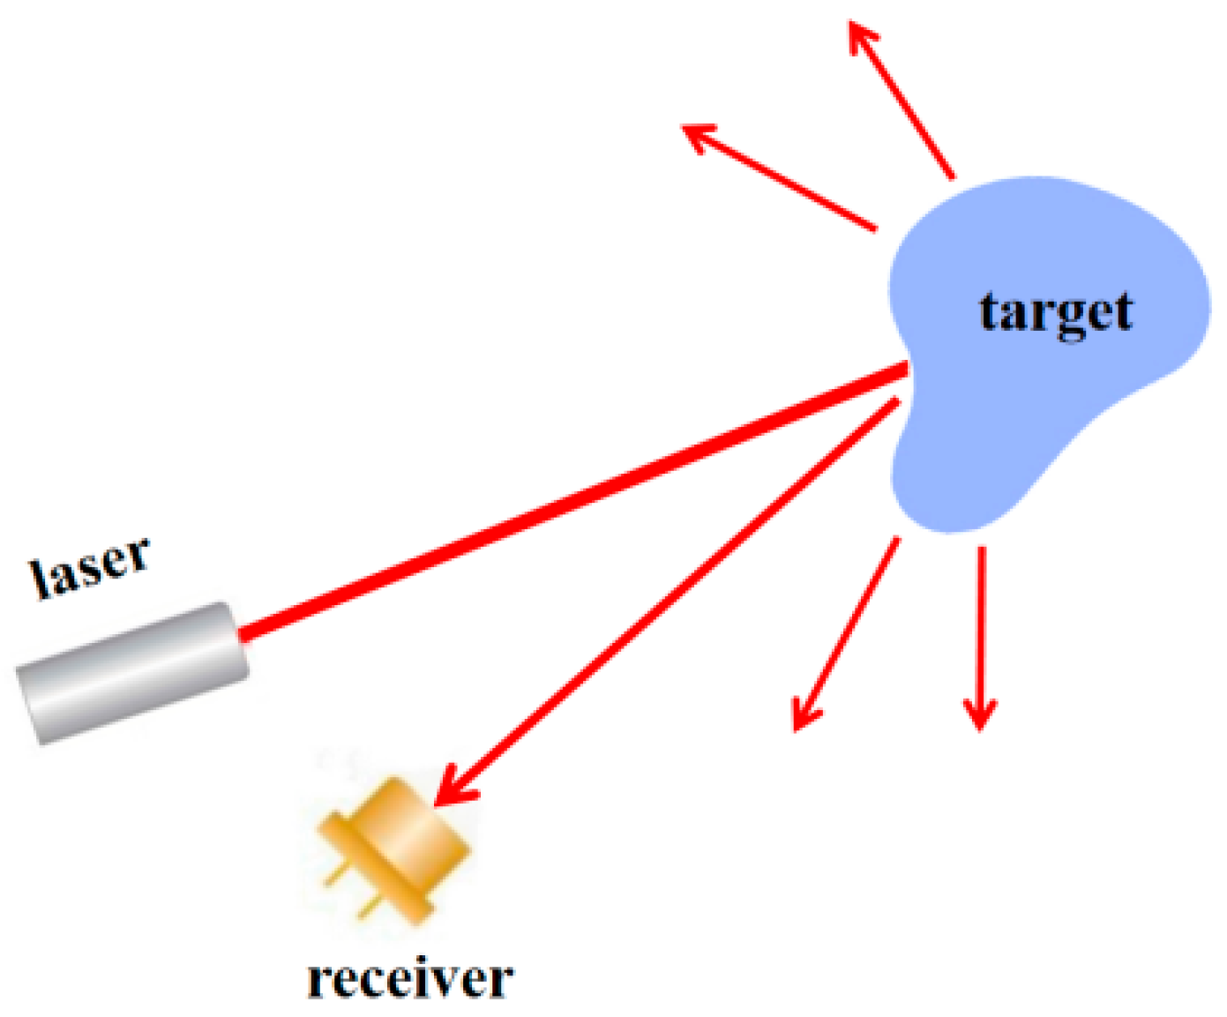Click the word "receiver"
410,979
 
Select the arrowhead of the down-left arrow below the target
802,715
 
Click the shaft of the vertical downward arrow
980,617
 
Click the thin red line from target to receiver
670,595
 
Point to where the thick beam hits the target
904,370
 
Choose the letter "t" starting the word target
989,313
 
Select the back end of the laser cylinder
31,706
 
